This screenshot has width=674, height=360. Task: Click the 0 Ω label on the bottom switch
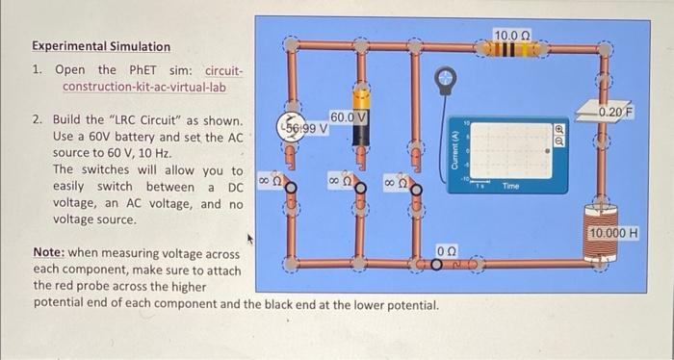(448, 249)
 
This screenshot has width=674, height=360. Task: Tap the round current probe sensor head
(446, 75)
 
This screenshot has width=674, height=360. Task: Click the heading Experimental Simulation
(101, 46)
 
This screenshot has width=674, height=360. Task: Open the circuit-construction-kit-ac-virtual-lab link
(144, 88)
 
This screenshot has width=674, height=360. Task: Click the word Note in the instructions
(47, 252)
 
